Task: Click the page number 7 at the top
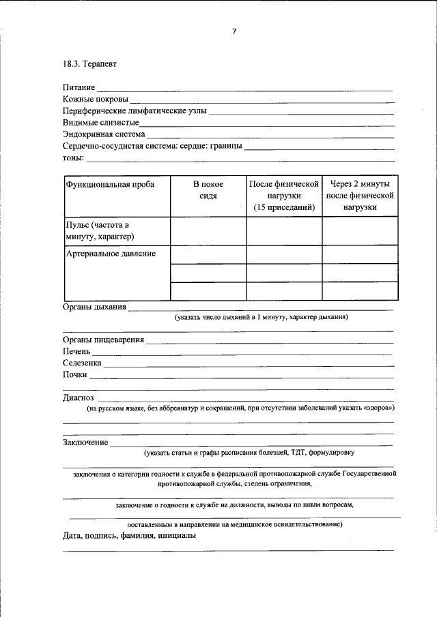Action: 234,31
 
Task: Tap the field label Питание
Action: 79,88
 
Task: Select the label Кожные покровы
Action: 95,100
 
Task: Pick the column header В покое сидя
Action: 208,190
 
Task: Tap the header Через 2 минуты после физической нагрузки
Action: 359,196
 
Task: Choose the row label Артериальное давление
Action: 111,254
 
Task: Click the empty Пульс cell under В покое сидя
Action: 208,230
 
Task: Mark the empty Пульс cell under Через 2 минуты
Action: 359,230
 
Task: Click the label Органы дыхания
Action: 95,307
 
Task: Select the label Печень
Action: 77,351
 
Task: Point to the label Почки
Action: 75,374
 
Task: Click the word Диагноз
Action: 79,397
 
